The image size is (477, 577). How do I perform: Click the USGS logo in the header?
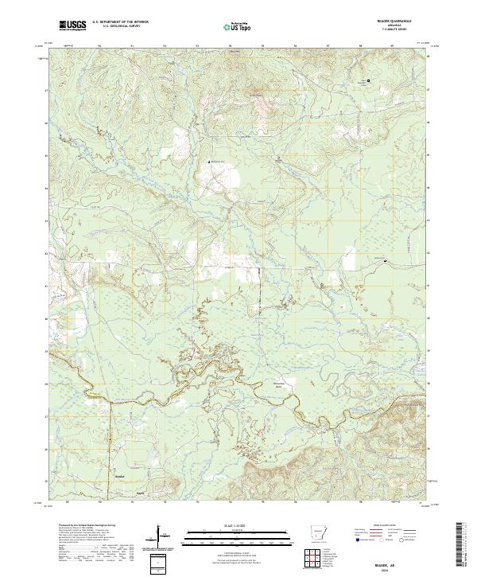pyautogui.click(x=72, y=25)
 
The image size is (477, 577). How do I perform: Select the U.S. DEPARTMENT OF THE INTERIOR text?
pyautogui.click(x=119, y=22)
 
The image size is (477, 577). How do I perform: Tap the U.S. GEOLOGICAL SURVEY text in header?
pyautogui.click(x=119, y=27)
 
